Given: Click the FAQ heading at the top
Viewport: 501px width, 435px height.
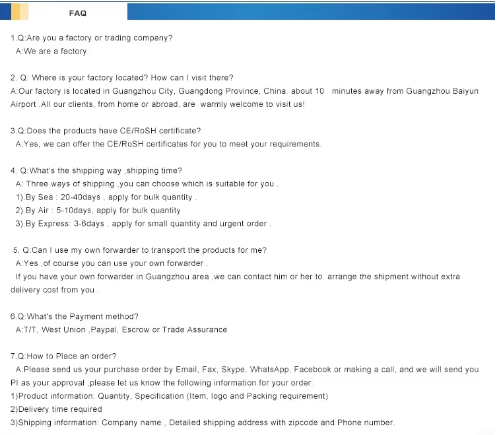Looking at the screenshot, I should click(x=77, y=13).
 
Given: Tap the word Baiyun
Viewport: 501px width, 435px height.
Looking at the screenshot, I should click(x=465, y=91).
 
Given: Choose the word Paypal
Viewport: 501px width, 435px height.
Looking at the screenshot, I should click(x=106, y=329).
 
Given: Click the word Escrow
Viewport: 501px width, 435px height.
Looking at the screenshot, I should click(x=137, y=329).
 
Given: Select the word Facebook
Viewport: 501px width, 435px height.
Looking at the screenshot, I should click(x=313, y=370).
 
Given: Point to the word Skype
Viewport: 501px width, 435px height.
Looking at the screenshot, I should click(x=234, y=370).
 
